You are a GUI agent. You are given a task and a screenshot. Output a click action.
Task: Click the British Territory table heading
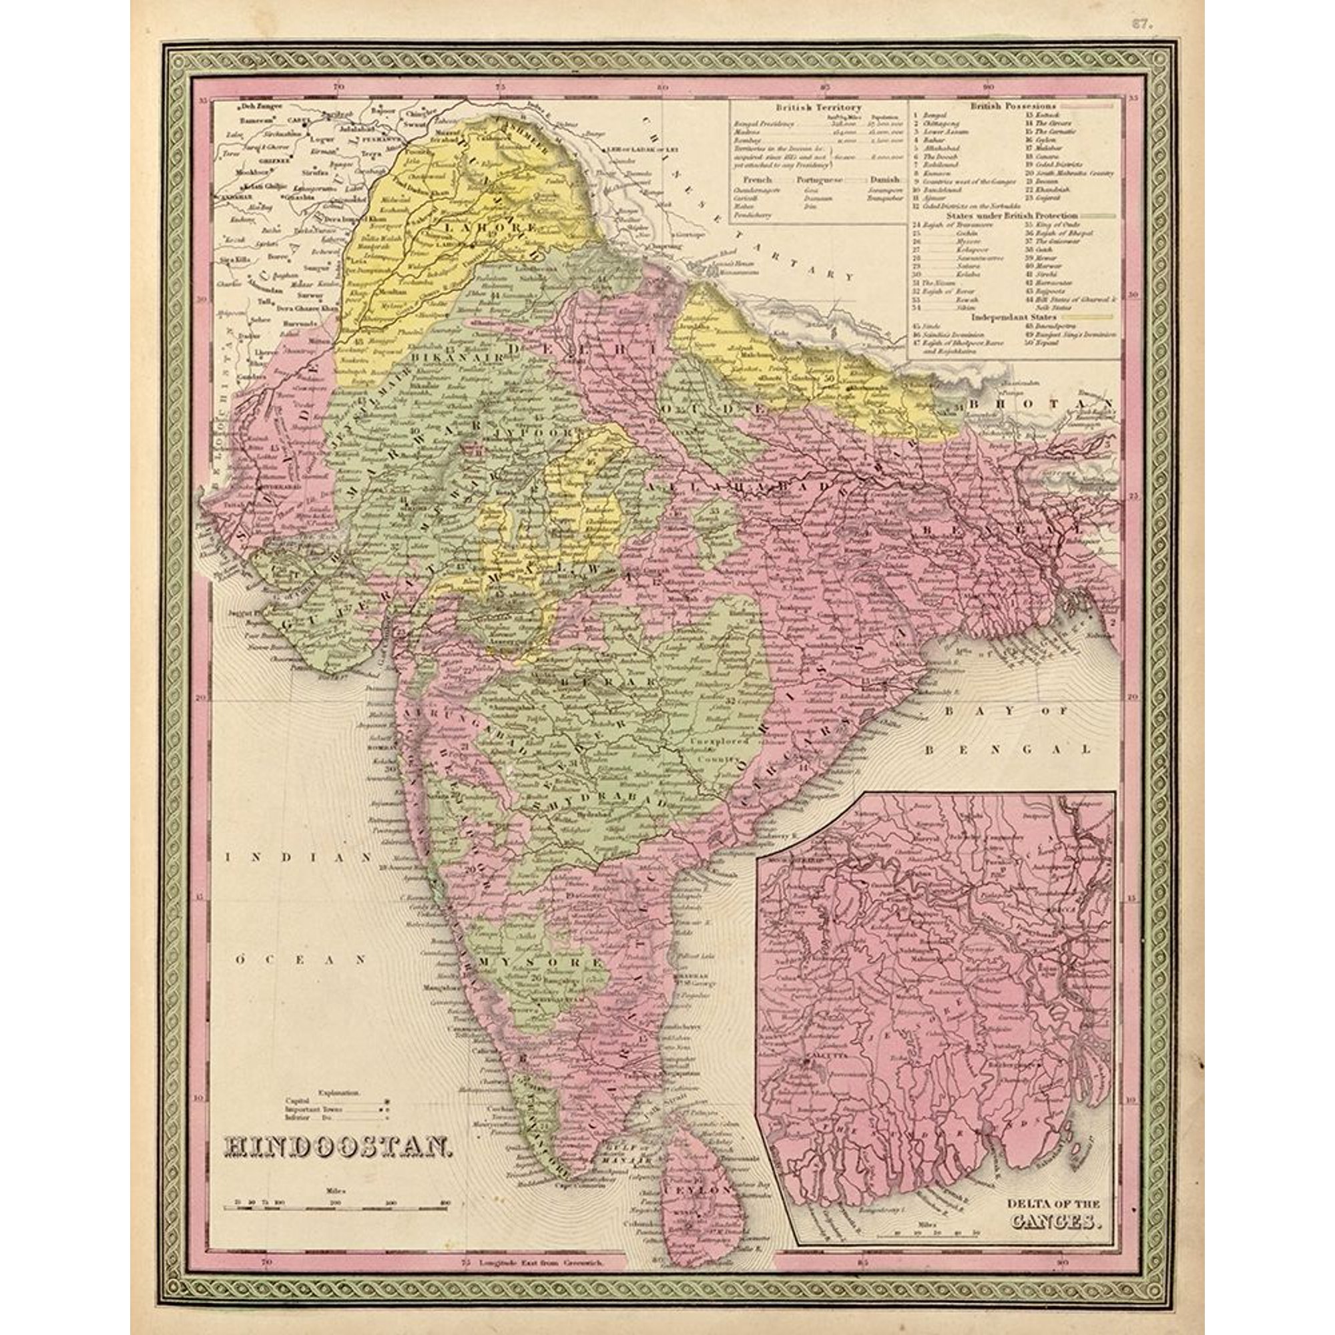click(818, 107)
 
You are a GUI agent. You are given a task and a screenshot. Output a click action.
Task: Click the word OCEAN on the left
click(301, 960)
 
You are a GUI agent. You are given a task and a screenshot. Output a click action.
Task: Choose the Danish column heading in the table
click(884, 178)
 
